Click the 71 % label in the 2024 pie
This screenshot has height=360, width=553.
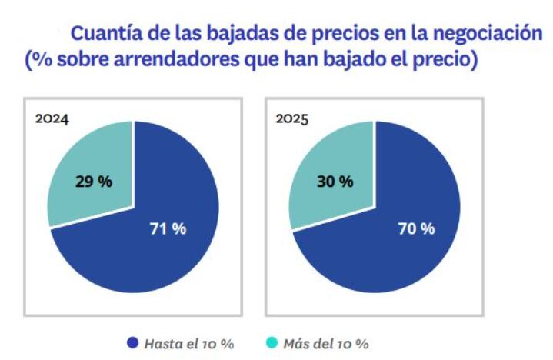168,228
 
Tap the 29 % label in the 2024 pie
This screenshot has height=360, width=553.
93,182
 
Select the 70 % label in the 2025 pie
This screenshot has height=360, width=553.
416,228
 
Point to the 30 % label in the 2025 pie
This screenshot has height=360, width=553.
335,182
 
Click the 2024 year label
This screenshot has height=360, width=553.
52,119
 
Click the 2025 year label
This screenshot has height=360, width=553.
293,119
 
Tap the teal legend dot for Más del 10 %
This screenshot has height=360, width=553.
272,342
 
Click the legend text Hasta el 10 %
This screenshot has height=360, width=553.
189,343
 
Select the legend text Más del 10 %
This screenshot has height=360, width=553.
325,343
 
